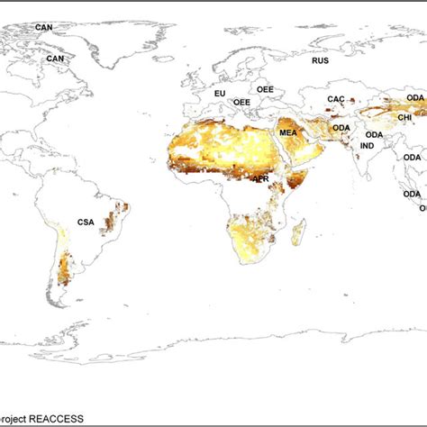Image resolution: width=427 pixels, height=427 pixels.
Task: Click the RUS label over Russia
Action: click(x=321, y=60)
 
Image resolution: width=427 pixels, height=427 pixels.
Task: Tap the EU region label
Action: click(x=219, y=93)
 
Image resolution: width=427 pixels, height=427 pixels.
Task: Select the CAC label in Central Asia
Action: click(x=335, y=99)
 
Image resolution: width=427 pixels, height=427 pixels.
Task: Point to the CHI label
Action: click(x=406, y=116)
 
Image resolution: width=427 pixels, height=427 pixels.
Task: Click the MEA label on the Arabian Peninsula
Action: click(x=287, y=133)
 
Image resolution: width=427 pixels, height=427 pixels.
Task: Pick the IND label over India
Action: click(x=368, y=145)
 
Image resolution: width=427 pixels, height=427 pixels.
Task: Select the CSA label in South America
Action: click(x=86, y=222)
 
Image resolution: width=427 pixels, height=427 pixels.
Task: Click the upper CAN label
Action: click(x=44, y=27)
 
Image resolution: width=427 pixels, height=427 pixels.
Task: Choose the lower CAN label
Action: click(x=56, y=59)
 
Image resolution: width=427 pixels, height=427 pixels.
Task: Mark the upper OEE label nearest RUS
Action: click(x=265, y=90)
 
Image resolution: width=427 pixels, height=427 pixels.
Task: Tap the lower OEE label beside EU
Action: click(x=242, y=103)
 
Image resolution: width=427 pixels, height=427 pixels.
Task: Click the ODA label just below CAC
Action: click(x=341, y=128)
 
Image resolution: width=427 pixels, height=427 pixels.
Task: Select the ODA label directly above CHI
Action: click(x=414, y=97)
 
